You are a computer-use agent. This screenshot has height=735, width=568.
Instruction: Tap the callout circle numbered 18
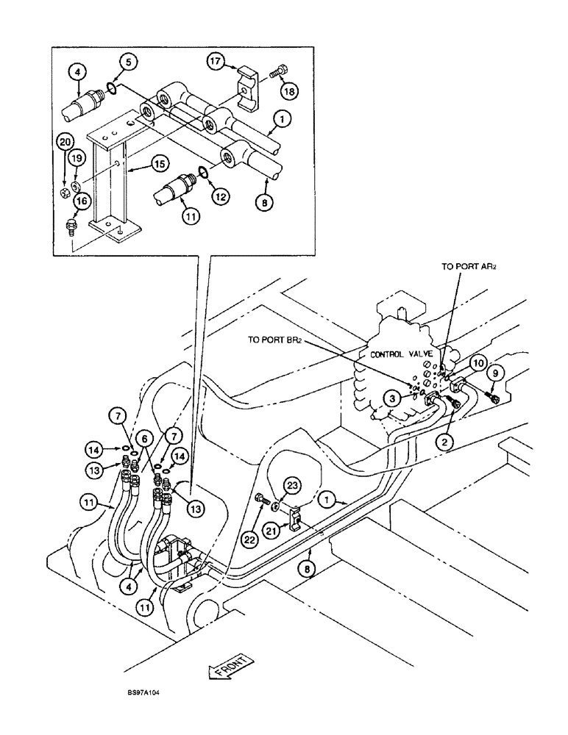(x=288, y=90)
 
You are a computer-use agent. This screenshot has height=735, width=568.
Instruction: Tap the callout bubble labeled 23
(x=292, y=486)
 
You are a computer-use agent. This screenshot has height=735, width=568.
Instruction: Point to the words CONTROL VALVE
(x=401, y=354)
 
